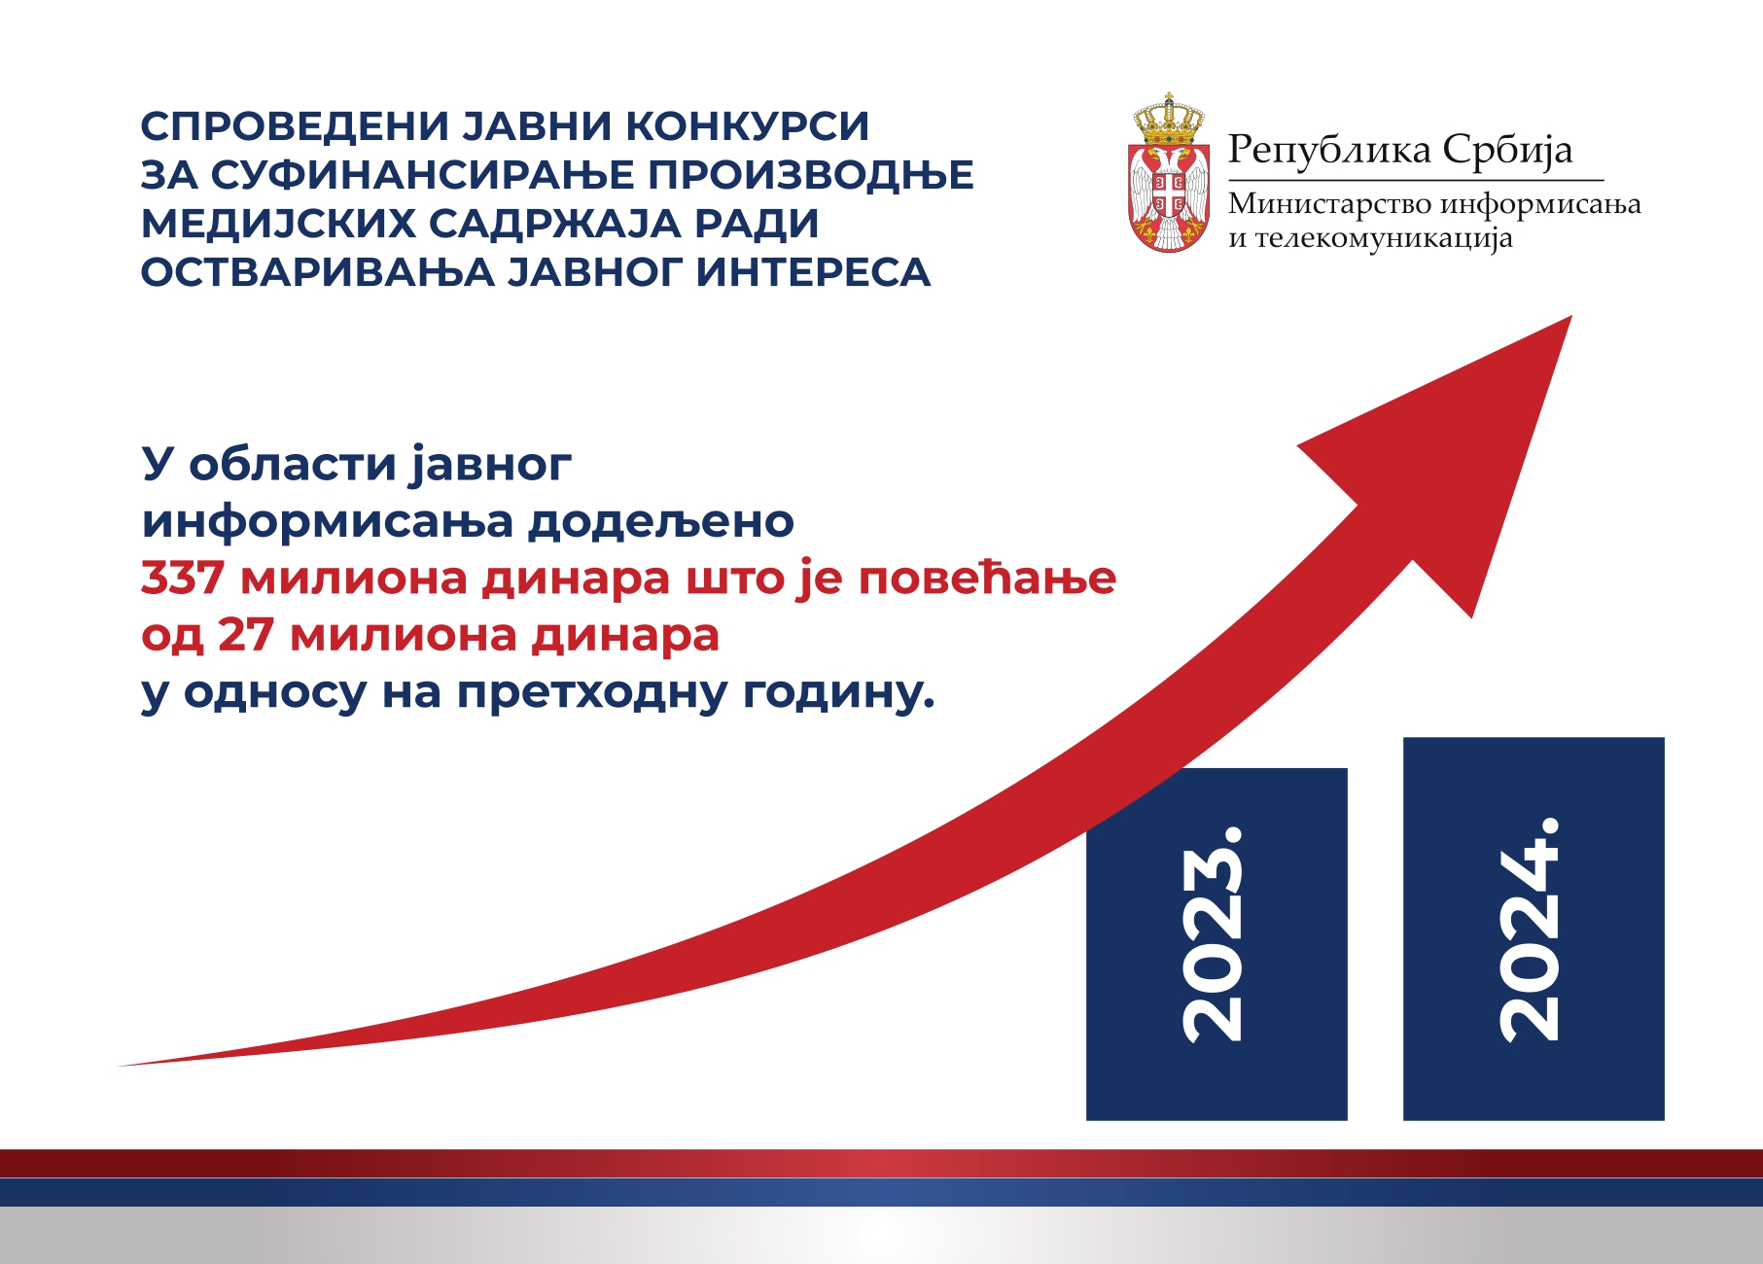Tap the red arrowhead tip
[x=1571, y=316]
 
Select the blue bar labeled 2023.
[x=1216, y=944]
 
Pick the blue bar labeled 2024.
[x=1534, y=929]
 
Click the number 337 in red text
[x=183, y=579]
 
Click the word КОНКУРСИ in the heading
[x=746, y=126]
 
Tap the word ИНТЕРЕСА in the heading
[x=814, y=272]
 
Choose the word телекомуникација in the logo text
[x=1384, y=239]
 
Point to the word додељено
[x=661, y=522]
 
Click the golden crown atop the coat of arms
[x=1169, y=117]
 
